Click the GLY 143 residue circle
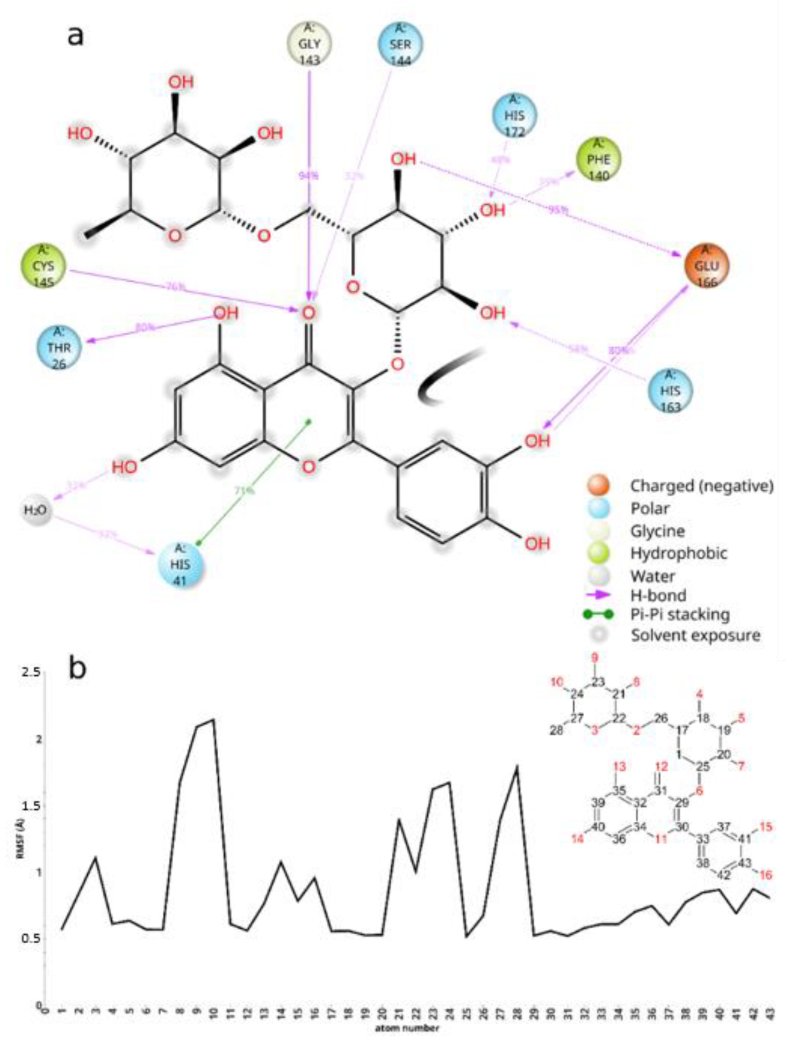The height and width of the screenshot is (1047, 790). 309,44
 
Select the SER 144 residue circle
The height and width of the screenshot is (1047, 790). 400,44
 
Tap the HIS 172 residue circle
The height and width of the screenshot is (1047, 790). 514,116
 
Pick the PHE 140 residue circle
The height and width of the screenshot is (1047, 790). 598,160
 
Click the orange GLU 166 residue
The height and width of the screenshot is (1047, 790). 706,266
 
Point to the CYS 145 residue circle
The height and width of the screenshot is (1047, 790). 43,266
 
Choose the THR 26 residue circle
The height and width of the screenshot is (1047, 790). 59,348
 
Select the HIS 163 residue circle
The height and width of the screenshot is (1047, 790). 670,391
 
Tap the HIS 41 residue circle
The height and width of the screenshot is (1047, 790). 180,564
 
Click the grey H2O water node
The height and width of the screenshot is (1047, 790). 35,510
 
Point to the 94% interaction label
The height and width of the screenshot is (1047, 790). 308,175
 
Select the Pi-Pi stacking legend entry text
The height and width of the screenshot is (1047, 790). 679,614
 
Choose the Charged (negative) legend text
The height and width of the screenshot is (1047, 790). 701,486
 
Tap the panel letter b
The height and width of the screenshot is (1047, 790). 77,668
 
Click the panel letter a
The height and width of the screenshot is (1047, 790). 75,35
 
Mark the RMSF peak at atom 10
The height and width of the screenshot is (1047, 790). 214,719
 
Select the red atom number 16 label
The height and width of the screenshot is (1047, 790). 765,875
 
